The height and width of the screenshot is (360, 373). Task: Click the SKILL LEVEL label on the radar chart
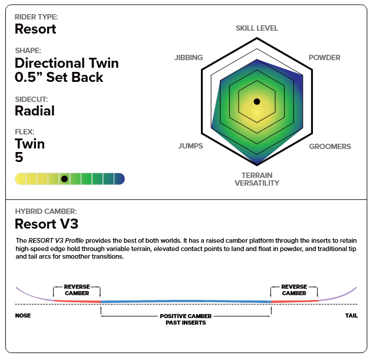(x=256, y=28)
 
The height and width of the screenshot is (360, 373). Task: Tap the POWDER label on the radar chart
(x=325, y=58)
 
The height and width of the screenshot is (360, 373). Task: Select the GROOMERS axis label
(x=330, y=146)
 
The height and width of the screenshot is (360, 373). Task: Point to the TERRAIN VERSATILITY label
(x=256, y=179)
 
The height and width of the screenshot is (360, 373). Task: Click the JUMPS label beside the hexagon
(x=190, y=146)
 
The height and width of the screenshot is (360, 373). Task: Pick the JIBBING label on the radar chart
(x=189, y=58)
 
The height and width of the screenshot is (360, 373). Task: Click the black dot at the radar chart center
(x=256, y=101)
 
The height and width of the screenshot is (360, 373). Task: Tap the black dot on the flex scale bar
(x=64, y=178)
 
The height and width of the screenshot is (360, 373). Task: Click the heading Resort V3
(x=46, y=224)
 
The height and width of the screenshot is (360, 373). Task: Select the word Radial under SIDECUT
(x=34, y=111)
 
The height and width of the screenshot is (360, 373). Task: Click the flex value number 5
(x=19, y=157)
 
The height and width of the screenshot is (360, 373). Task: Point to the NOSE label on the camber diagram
(x=22, y=316)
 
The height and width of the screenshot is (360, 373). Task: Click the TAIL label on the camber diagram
(x=351, y=316)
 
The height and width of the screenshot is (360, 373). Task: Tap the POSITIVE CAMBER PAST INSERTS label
(x=186, y=319)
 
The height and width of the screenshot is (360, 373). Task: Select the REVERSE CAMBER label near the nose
(x=77, y=290)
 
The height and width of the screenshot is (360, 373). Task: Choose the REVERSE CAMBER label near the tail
(x=293, y=290)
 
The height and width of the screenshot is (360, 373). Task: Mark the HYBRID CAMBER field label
(x=45, y=210)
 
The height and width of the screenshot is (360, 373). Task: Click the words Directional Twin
(x=67, y=63)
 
